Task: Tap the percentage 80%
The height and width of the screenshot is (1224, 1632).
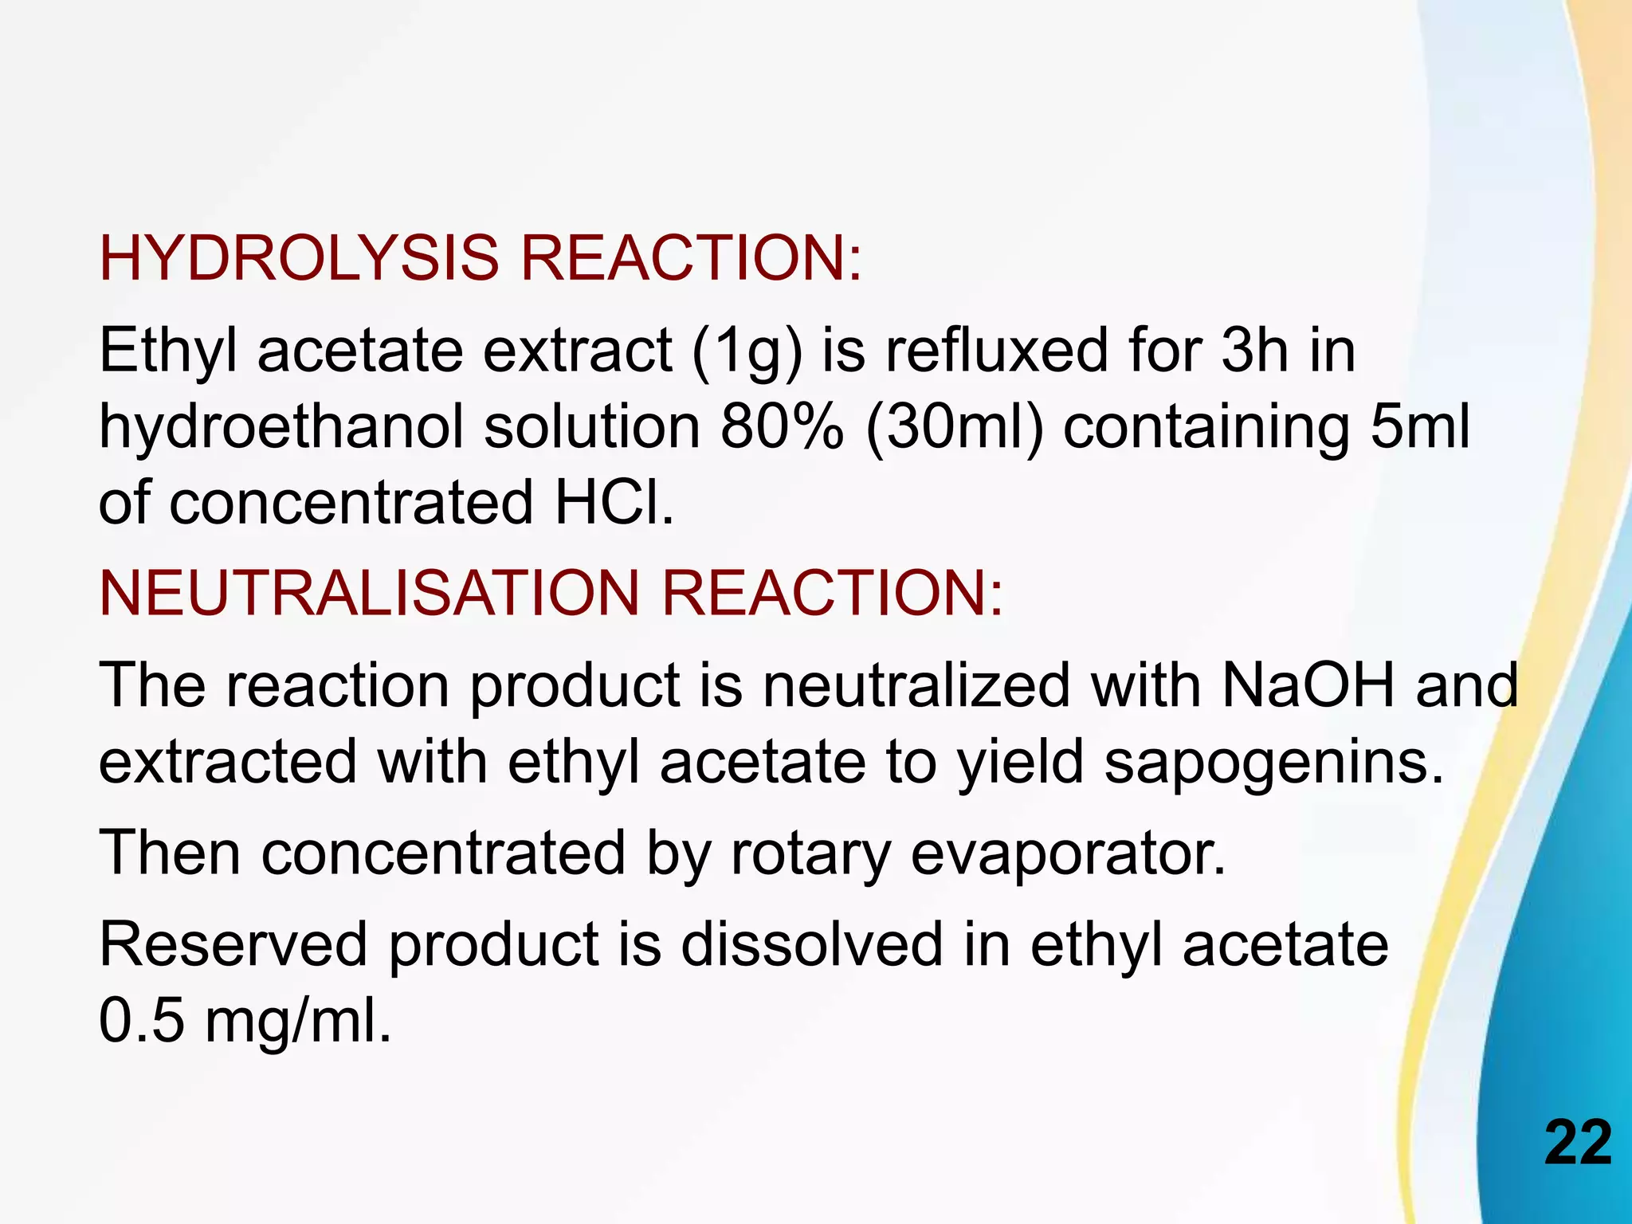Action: (782, 426)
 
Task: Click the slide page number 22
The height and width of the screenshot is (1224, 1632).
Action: (1578, 1143)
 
